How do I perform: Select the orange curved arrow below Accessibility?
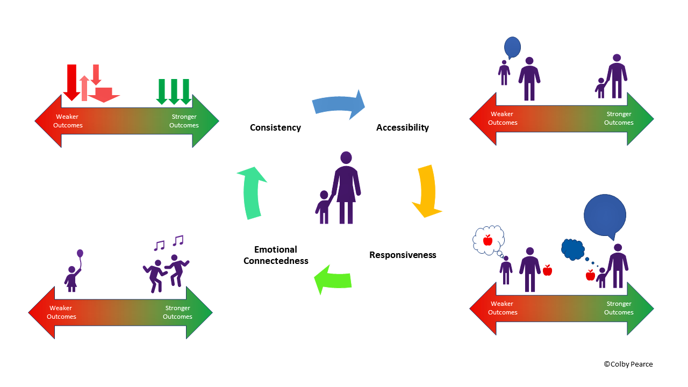pyautogui.click(x=428, y=191)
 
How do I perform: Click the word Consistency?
pyautogui.click(x=275, y=127)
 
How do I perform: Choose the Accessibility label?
pyautogui.click(x=403, y=127)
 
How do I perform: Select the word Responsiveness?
pyautogui.click(x=403, y=255)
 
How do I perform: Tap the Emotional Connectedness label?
pyautogui.click(x=276, y=255)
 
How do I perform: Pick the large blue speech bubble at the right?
pyautogui.click(x=605, y=215)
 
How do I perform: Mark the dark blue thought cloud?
pyautogui.click(x=572, y=249)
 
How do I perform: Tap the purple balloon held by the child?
pyautogui.click(x=80, y=253)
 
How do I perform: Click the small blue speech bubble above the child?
pyautogui.click(x=513, y=47)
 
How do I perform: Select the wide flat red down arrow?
pyautogui.click(x=103, y=94)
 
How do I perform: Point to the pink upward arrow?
pyautogui.click(x=84, y=88)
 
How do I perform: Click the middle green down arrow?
pyautogui.click(x=173, y=91)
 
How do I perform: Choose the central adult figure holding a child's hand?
pyautogui.click(x=346, y=188)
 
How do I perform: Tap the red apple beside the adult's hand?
pyautogui.click(x=547, y=270)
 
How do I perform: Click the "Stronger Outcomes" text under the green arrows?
pyautogui.click(x=184, y=121)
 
